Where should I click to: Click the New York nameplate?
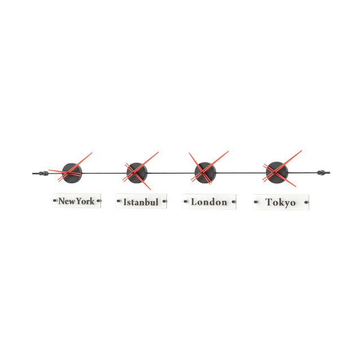click(77, 201)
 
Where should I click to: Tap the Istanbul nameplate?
click(140, 201)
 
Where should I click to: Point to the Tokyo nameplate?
click(280, 202)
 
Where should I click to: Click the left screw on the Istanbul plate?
click(118, 201)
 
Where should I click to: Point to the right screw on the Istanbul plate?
click(164, 201)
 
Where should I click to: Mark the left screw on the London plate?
click(184, 201)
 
